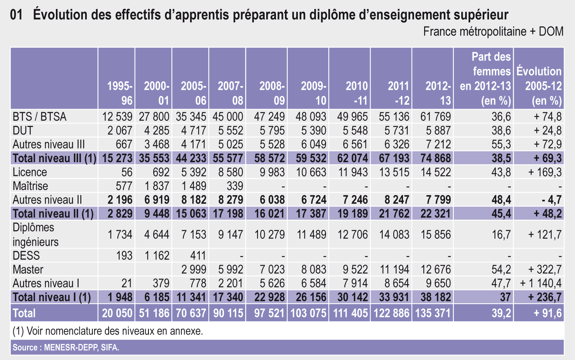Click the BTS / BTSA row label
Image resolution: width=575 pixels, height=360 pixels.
coord(39,117)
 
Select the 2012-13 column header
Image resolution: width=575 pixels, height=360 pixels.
coord(438,93)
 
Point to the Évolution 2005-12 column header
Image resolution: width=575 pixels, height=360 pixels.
coord(539,86)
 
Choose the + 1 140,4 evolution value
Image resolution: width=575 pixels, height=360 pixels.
coord(541,283)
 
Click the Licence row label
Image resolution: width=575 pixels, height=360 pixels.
coord(30,172)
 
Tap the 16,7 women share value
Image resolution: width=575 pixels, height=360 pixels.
coord(502,235)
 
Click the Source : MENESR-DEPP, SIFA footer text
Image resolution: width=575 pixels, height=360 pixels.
coord(66,347)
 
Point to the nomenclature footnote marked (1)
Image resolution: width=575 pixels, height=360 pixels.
coord(108,331)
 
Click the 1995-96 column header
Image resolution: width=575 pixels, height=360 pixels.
coord(120,93)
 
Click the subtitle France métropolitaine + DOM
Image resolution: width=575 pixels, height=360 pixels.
coord(493,32)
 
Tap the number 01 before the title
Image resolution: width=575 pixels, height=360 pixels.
coord(16,15)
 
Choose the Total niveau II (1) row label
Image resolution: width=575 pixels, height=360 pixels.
coord(53,214)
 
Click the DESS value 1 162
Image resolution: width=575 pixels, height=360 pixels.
coord(157,256)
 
